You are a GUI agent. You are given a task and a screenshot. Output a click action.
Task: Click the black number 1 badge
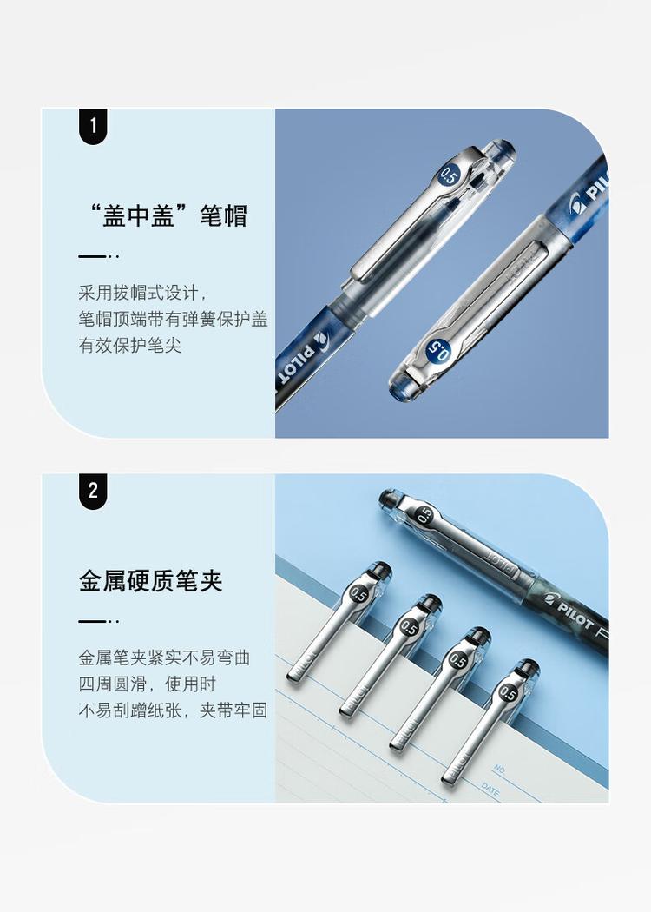pyautogui.click(x=93, y=126)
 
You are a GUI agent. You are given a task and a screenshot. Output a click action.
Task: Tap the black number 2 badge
pyautogui.click(x=93, y=491)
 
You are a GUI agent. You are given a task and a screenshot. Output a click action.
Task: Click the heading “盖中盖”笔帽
pyautogui.click(x=162, y=215)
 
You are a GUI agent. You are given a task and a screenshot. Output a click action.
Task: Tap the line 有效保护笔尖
pyautogui.click(x=130, y=346)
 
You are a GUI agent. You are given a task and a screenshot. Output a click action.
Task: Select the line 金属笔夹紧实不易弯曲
pyautogui.click(x=164, y=658)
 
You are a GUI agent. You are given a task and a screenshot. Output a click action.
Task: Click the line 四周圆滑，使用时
pyautogui.click(x=148, y=684)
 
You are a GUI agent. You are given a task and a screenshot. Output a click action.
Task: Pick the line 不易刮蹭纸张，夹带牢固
pyautogui.click(x=173, y=710)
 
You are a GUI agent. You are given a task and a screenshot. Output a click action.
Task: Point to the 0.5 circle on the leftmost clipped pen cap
pyautogui.click(x=358, y=595)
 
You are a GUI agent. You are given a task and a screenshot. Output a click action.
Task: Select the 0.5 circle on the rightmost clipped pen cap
pyautogui.click(x=509, y=693)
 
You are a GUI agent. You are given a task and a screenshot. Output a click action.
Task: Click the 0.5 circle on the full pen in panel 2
pyautogui.click(x=425, y=513)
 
